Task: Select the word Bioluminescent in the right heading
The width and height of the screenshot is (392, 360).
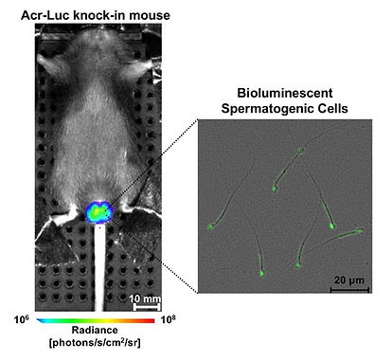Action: pos(285,93)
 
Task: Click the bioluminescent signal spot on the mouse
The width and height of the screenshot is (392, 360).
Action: pos(99,211)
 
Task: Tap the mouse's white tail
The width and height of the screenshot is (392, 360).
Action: pos(99,268)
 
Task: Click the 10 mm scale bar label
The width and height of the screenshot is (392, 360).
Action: pos(145,298)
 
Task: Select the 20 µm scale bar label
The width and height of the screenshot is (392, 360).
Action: pos(348,280)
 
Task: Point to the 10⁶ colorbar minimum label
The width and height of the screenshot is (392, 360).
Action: pos(22,319)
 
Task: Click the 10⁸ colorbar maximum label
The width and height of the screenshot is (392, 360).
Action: pos(168,319)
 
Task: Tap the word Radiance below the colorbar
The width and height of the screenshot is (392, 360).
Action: pos(95,330)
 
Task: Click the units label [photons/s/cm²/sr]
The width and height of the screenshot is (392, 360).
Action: pos(95,343)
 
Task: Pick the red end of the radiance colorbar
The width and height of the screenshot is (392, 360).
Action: pos(151,321)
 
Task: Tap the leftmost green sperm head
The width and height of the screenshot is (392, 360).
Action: pos(211,226)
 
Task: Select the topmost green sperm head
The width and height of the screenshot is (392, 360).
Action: pos(299,152)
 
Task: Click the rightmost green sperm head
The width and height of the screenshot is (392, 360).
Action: pos(360,231)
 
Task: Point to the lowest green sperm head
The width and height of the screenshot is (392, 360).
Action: pos(262,273)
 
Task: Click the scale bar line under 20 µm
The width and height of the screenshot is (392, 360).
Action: pos(349,289)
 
